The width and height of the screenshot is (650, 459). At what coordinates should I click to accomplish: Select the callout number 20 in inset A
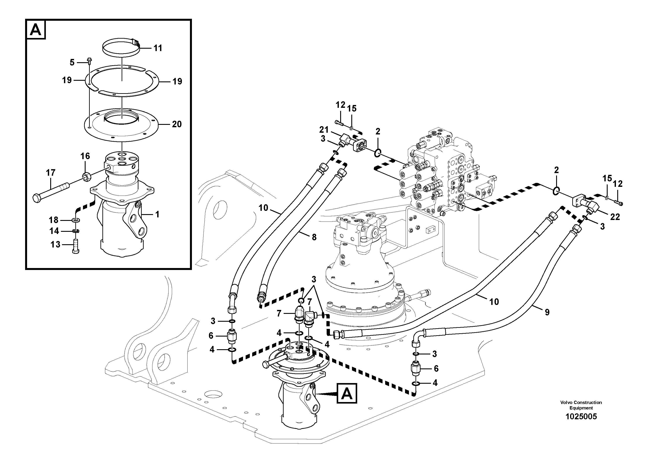177,124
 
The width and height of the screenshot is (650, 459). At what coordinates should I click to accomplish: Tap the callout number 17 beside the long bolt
51,173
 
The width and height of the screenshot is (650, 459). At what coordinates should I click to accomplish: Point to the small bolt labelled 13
76,246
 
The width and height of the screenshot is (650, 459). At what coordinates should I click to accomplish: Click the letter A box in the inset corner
36,29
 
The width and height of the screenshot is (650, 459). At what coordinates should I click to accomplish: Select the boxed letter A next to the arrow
347,393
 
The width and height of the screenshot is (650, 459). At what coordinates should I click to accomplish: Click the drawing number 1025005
581,417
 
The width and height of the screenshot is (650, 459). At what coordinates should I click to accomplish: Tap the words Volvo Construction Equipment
581,405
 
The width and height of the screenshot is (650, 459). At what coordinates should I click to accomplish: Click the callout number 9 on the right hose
547,312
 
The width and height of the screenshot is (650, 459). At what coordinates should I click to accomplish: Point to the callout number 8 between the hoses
314,237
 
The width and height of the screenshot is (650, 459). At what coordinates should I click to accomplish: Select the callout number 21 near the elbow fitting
324,130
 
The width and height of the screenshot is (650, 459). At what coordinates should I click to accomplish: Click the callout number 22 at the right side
615,217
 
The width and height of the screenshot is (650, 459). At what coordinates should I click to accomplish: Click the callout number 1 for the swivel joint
157,215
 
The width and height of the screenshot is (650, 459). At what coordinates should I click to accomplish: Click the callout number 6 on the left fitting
211,336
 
